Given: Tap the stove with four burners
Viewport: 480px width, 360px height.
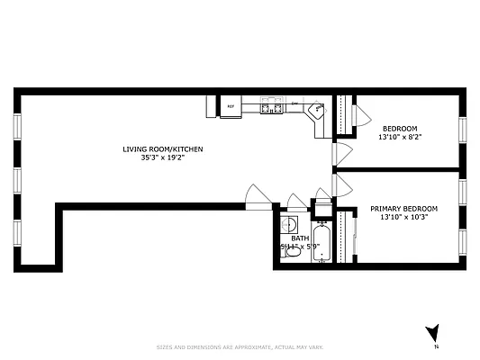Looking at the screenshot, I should click(269, 107).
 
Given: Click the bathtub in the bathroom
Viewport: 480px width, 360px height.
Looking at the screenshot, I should click(323, 243).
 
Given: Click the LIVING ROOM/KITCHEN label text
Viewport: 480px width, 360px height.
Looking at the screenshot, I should click(157, 148).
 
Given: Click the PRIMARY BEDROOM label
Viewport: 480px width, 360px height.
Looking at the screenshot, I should click(403, 209).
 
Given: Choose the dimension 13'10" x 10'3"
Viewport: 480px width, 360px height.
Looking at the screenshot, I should click(403, 217).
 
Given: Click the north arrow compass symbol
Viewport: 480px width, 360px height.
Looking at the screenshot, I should click(432, 334).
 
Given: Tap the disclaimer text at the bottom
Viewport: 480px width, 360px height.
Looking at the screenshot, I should click(240, 346).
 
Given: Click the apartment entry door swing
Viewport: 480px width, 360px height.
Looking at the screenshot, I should click(257, 195).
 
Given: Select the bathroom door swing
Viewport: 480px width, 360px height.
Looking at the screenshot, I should click(297, 201).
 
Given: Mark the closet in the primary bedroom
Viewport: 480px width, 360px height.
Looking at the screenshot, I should click(346, 236).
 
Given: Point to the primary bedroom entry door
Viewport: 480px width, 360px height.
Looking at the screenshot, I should click(340, 185).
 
